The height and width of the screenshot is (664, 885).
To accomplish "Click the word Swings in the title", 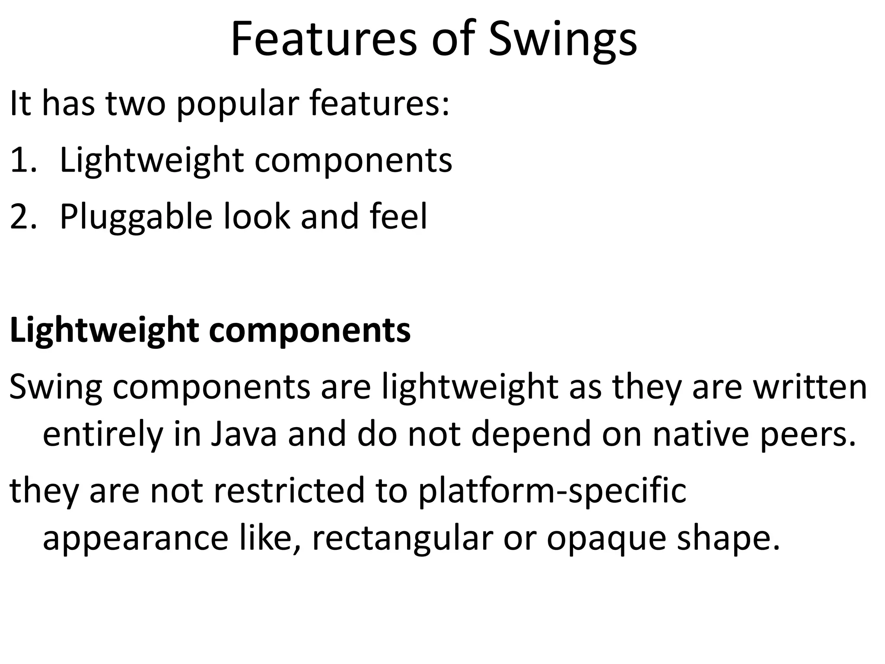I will click(x=563, y=40).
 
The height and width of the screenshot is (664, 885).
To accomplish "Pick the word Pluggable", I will click(x=136, y=217).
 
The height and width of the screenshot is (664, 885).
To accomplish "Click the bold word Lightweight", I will click(x=104, y=331).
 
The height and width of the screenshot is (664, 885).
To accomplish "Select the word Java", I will click(x=244, y=434).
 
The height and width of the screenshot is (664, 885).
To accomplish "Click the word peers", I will click(x=808, y=435).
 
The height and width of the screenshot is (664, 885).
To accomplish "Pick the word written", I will click(x=810, y=386).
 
